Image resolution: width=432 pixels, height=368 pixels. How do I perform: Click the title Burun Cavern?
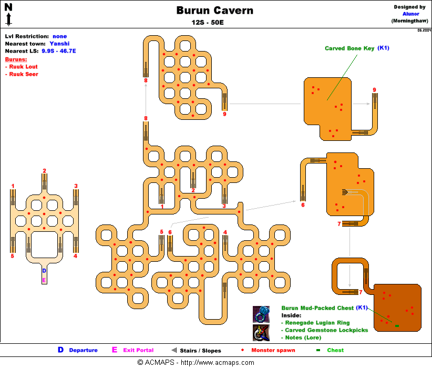pyautogui.click(x=214, y=11)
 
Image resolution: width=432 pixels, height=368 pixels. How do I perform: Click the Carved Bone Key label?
pyautogui.click(x=349, y=48)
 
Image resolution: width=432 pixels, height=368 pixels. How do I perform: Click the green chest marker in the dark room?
pyautogui.click(x=397, y=326)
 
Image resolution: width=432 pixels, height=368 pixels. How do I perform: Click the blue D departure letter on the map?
pyautogui.click(x=44, y=271)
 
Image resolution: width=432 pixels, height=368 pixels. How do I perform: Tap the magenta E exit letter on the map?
pyautogui.click(x=44, y=280)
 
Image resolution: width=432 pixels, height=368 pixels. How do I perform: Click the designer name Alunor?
pyautogui.click(x=410, y=14)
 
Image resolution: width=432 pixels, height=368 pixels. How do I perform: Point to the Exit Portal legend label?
pyautogui.click(x=138, y=350)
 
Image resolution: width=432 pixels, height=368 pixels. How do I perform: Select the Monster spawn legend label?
pyautogui.click(x=273, y=350)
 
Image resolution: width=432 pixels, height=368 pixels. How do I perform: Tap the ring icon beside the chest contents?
pyautogui.click(x=261, y=314)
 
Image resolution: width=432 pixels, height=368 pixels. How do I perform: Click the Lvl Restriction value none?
pyautogui.click(x=59, y=36)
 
